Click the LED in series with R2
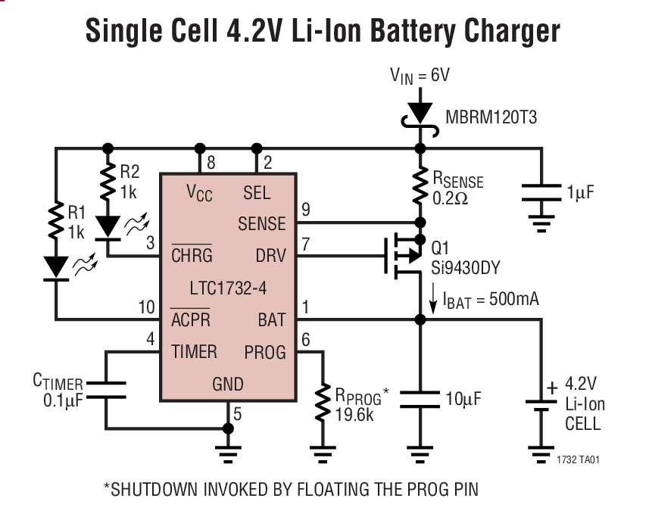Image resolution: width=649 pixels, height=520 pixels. click(108, 225)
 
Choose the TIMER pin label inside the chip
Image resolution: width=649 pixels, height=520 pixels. click(194, 351)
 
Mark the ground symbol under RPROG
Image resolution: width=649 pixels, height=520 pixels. click(324, 454)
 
